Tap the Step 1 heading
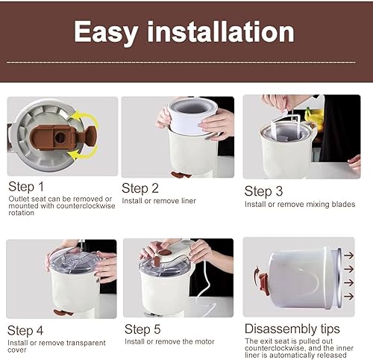pos(27,187)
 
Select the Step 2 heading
pos(140,188)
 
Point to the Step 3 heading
pos(263,191)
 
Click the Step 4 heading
pos(27,330)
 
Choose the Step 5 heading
pos(143,329)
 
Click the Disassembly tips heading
pos(292,329)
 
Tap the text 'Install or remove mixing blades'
pos(300,204)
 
